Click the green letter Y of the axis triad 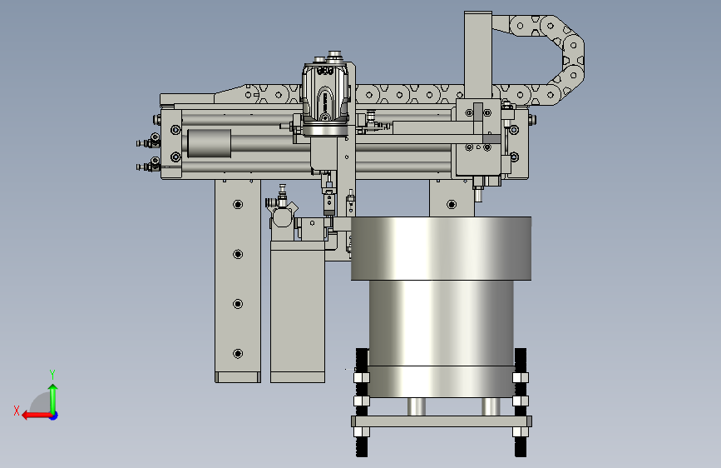point(52,374)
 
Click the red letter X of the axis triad point(17,411)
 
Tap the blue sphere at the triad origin point(54,416)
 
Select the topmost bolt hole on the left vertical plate point(238,204)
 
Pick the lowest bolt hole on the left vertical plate point(238,353)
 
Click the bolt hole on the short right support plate point(452,204)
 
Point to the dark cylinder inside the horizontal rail point(210,143)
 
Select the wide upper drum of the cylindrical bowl point(441,248)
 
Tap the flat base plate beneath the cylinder point(442,421)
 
